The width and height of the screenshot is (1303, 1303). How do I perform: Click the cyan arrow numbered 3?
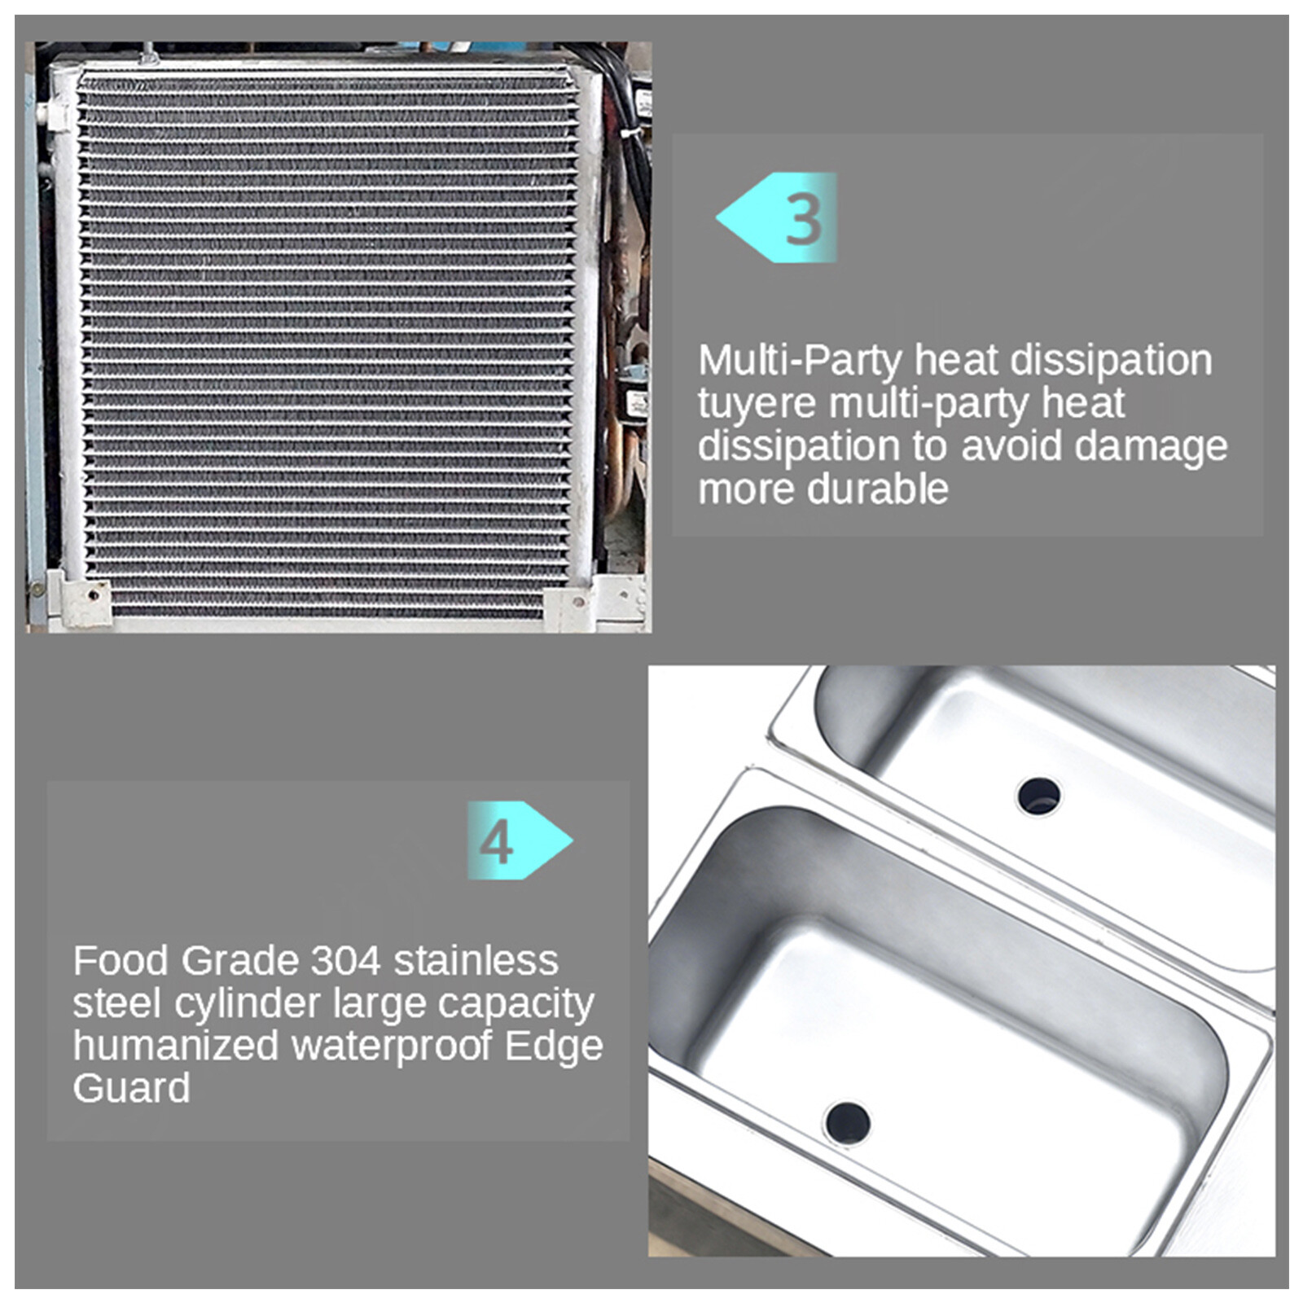point(777,217)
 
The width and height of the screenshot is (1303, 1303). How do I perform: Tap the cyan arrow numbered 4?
point(520,840)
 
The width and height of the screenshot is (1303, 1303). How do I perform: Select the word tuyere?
point(757,403)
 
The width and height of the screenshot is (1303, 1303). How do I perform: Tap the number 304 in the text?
point(346,961)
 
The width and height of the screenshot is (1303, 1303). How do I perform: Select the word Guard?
point(131,1089)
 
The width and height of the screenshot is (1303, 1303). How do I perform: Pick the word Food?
point(121,961)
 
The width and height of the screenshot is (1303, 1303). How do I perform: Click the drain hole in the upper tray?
point(1038,796)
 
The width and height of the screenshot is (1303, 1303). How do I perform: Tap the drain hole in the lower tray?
point(847,1123)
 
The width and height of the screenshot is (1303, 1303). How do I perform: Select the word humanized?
point(176,1046)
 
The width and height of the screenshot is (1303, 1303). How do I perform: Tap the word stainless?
point(476,961)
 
